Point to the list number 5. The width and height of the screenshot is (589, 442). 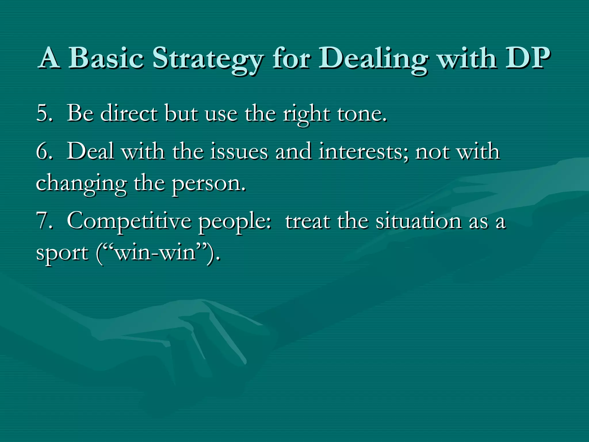(x=44, y=113)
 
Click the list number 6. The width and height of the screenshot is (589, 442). (x=44, y=152)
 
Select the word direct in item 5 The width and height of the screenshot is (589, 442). (x=129, y=113)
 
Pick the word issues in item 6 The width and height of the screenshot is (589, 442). (x=239, y=152)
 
